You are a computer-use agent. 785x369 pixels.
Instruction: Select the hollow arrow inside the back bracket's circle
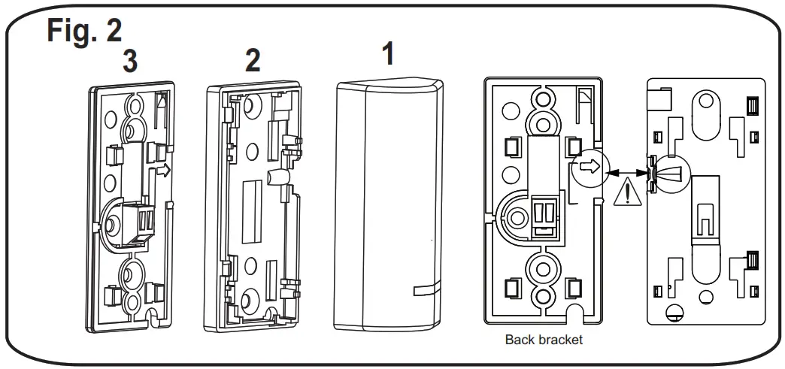tap(591, 167)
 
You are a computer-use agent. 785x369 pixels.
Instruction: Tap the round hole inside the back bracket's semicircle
tap(517, 218)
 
